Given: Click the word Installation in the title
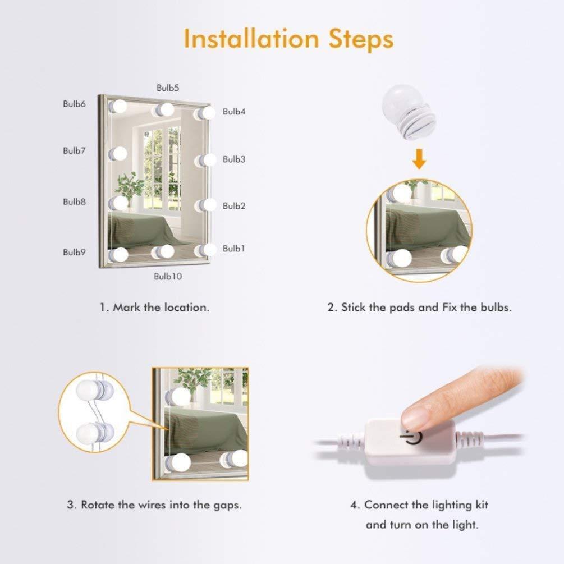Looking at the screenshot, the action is point(251,39).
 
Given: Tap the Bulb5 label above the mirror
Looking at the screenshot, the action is point(168,88).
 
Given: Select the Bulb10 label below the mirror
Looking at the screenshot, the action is point(168,276).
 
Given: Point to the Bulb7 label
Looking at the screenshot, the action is point(75,151).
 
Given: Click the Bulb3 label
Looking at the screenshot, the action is point(234,159).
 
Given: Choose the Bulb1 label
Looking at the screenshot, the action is point(234,249).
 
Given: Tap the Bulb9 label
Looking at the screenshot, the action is point(75,252).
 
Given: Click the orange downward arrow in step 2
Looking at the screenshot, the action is point(419,159).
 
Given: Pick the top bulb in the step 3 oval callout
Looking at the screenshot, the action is point(94,391).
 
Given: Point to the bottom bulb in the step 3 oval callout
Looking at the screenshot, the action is point(94,432).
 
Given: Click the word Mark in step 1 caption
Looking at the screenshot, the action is point(126,308).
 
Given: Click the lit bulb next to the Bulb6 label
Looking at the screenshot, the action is point(118,107).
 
